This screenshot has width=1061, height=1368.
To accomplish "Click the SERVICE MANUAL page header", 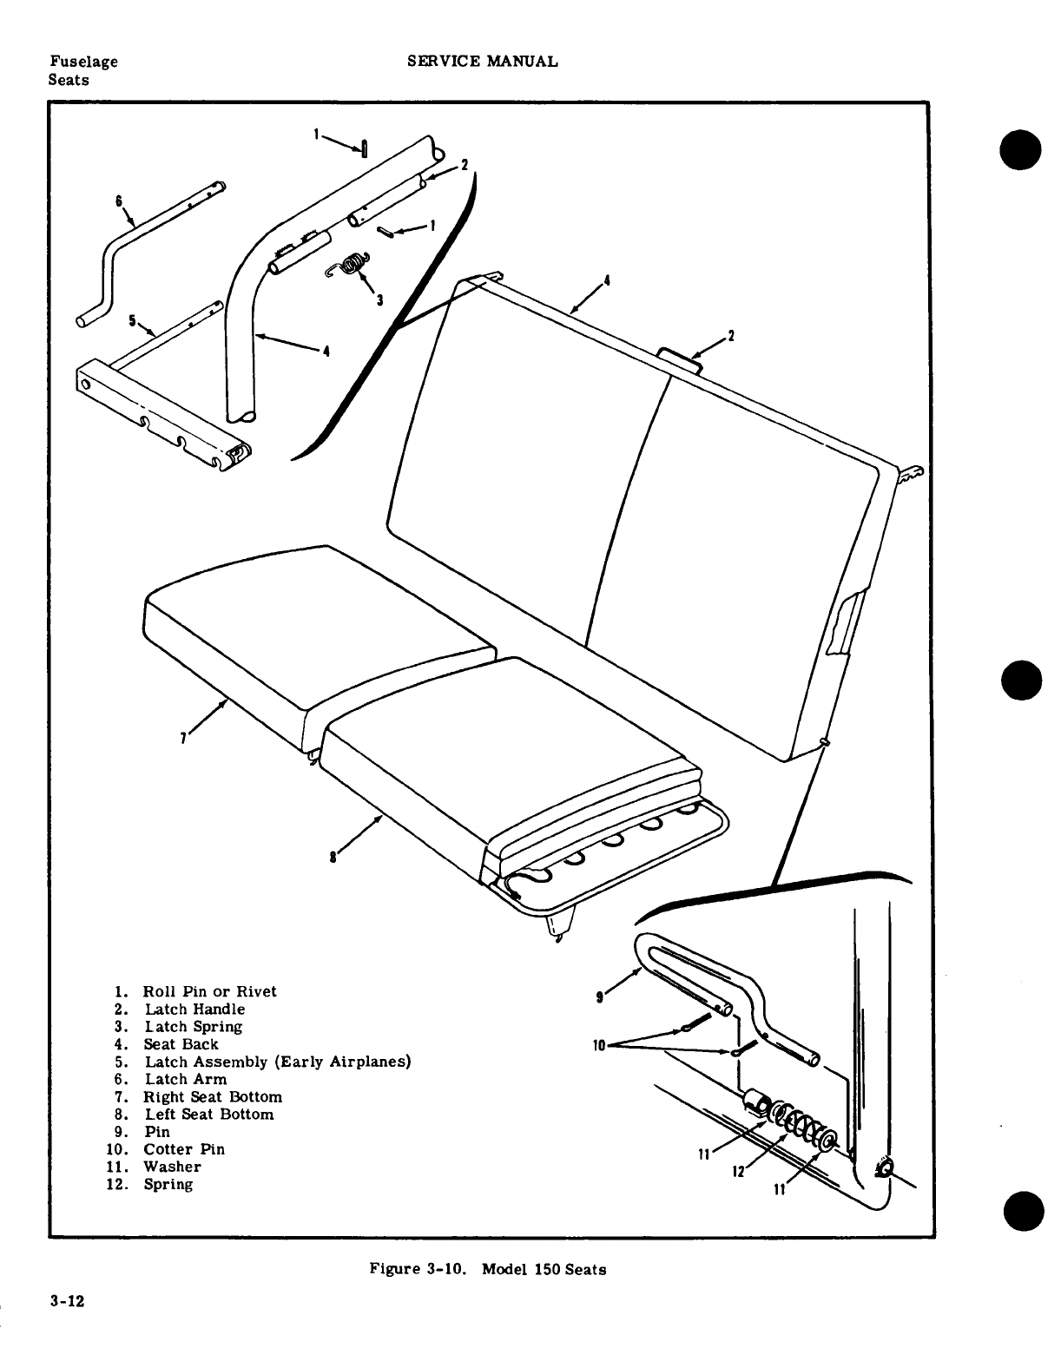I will (x=483, y=61).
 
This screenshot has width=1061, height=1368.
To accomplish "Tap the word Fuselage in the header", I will (x=83, y=61).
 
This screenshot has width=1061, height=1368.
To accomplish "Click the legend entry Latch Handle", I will (x=194, y=1009).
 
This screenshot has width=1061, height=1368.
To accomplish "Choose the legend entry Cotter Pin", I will (x=184, y=1148).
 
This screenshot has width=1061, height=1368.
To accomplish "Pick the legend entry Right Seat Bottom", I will (x=213, y=1096).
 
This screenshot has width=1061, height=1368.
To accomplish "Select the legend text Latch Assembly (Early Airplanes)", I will (x=277, y=1062).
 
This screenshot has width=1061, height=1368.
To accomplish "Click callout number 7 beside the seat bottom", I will (x=182, y=739).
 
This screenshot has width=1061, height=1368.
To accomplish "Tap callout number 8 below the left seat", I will (x=333, y=858).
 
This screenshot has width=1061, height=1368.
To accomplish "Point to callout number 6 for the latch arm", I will (x=118, y=201).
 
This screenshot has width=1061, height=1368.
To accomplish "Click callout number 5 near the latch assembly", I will (x=133, y=320).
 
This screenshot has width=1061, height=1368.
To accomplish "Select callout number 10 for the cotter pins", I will (x=598, y=1045).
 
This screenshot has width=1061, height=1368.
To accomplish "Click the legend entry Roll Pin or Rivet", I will (x=210, y=991).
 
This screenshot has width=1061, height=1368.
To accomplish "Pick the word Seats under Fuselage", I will (x=69, y=80).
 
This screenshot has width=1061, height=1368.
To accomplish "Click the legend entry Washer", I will (x=172, y=1167).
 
